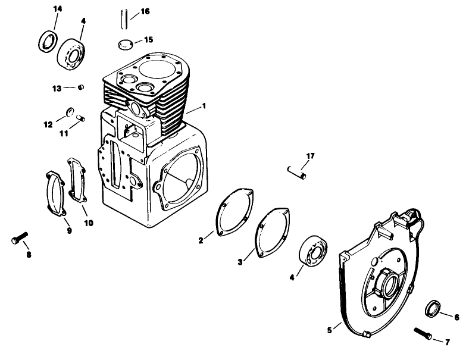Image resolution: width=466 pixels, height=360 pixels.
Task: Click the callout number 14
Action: point(57,8)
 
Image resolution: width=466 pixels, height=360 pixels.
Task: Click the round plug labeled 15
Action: point(124,43)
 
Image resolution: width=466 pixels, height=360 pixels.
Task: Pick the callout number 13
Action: point(57,88)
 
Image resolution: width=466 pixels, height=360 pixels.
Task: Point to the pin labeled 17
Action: point(295,172)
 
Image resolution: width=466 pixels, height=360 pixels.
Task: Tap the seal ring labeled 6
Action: point(433,311)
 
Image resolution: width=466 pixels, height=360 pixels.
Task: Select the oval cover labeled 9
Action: point(57,193)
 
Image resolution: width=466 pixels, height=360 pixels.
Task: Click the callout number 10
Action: point(88,223)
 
